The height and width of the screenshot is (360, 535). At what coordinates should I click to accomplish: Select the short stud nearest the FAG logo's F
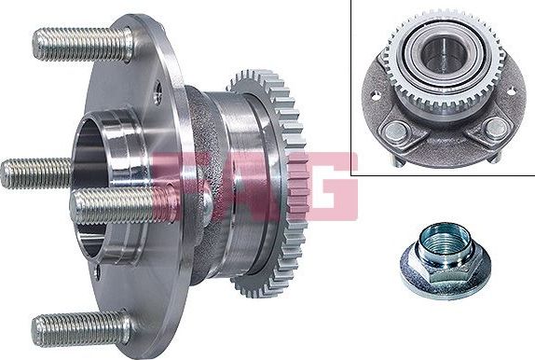click(117, 205)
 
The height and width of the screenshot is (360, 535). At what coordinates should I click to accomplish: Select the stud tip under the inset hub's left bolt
click(397, 160)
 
